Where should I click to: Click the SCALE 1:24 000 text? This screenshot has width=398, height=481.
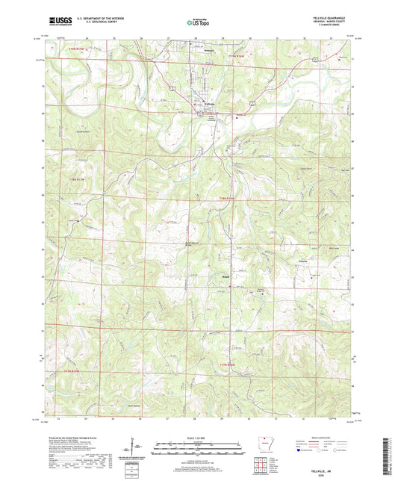tap(199, 438)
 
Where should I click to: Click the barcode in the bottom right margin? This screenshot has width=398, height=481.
tap(389, 455)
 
